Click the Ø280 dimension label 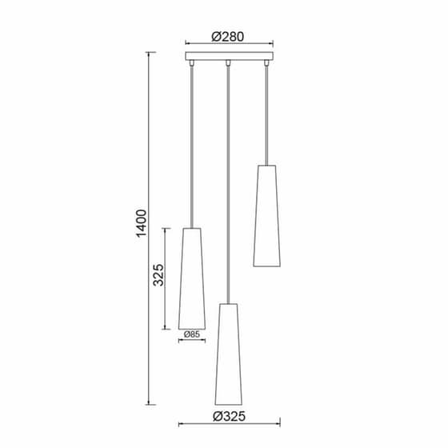click(x=228, y=37)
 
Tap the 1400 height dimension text click(x=142, y=223)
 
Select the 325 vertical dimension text click(x=158, y=275)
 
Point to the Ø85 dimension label click(x=192, y=334)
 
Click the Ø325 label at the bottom click(x=229, y=416)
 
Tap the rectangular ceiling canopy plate click(x=229, y=56)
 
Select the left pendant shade click(x=192, y=278)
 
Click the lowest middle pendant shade click(x=228, y=354)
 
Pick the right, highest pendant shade click(x=266, y=216)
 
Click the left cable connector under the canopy click(x=192, y=63)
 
